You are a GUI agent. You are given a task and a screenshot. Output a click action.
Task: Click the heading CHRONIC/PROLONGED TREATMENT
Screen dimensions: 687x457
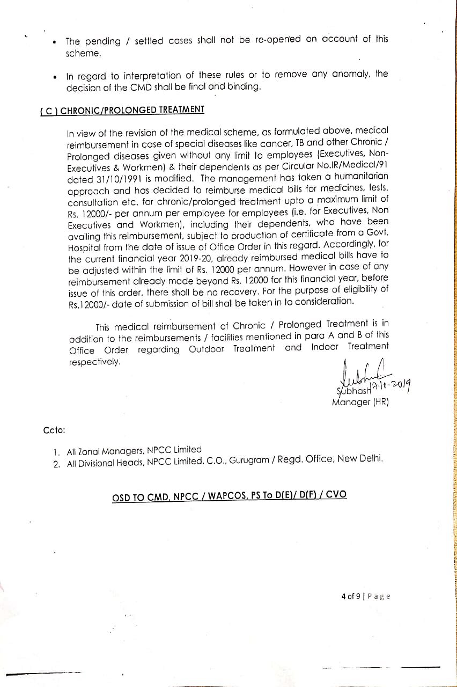132,110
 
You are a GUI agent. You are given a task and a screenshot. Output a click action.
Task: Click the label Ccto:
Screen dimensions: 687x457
54,430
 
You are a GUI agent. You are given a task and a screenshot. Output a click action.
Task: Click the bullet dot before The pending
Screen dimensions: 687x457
54,42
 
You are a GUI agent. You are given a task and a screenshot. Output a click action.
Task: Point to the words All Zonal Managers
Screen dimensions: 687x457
101,451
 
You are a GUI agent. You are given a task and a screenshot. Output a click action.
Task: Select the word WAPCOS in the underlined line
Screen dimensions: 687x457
224,495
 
